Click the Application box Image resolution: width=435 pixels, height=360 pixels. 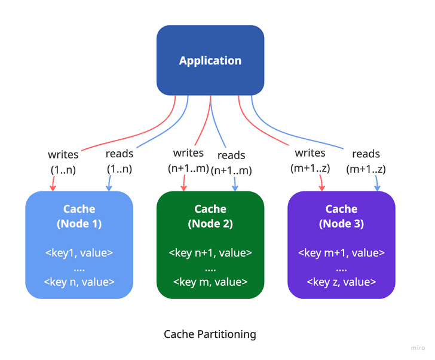tap(210, 60)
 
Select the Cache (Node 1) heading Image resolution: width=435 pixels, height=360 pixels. tap(79, 216)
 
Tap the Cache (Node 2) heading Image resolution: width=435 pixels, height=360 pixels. tap(210, 216)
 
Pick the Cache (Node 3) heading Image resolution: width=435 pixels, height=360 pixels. tap(341, 216)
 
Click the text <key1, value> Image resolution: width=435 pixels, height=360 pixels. tap(79, 252)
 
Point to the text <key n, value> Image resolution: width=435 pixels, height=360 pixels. tap(79, 282)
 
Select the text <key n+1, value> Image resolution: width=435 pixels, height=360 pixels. tap(210, 252)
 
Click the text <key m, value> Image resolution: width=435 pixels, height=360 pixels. tap(210, 282)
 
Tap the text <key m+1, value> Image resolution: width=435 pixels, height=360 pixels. tap(341, 252)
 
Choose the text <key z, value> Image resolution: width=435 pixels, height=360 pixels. tap(341, 282)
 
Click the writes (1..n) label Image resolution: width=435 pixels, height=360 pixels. tap(63, 161)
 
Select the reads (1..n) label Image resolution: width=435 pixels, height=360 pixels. tap(119, 161)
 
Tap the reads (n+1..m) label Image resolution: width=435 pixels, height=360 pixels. tap(231, 163)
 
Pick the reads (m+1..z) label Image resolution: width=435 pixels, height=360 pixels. tap(366, 161)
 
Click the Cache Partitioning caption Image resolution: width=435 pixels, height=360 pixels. tap(210, 334)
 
